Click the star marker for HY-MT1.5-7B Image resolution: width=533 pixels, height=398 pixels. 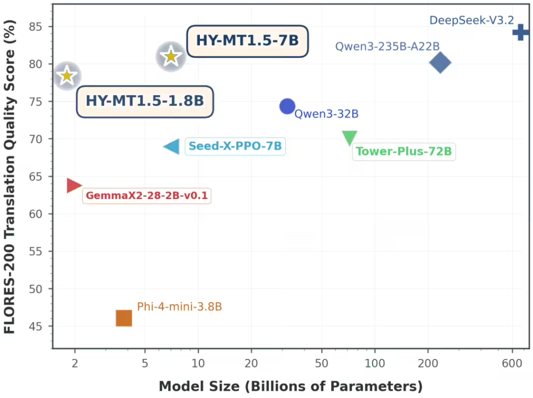171,56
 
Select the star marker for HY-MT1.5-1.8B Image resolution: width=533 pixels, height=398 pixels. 67,76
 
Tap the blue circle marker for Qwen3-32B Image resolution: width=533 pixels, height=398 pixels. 287,106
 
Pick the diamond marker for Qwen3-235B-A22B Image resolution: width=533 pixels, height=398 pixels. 440,63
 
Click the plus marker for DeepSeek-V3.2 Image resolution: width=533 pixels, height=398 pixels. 520,33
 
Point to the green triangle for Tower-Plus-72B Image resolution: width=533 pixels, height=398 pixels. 350,138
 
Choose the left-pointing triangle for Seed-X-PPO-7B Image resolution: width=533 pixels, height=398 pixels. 172,147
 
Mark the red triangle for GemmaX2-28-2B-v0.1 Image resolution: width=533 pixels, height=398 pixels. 74,185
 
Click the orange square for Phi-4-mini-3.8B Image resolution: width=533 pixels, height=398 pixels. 124,318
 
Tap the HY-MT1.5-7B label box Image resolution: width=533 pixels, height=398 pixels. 248,41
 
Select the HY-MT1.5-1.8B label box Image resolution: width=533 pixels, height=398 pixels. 145,101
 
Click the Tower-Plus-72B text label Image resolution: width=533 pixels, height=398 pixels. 403,152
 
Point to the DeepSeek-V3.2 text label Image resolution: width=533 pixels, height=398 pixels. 472,20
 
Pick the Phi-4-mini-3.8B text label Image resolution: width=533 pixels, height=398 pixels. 180,307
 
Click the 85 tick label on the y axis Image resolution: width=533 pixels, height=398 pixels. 37,27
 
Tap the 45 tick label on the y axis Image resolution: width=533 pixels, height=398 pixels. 37,327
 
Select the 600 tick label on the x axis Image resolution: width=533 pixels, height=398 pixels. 512,363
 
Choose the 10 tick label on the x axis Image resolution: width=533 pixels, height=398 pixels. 198,363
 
